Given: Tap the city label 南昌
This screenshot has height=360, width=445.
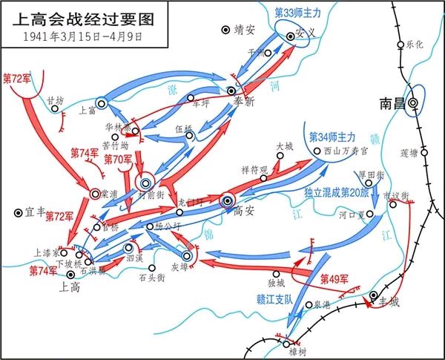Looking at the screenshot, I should pyautogui.click(x=391, y=103).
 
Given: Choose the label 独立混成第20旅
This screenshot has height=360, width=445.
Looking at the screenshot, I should pyautogui.click(x=335, y=192).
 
